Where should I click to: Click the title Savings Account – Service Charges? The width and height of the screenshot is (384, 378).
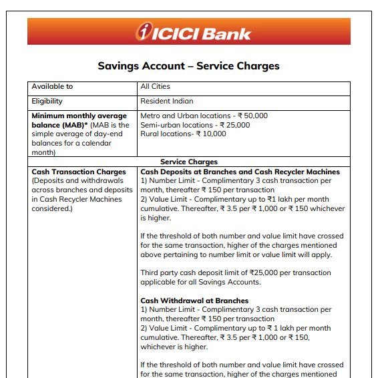click(x=188, y=66)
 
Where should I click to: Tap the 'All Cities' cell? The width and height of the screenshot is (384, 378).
click(x=155, y=87)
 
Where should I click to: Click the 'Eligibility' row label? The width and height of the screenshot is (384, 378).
click(x=47, y=102)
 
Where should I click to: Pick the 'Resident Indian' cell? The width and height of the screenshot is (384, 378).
click(x=166, y=102)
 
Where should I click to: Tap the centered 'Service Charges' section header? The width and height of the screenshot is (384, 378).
click(x=188, y=162)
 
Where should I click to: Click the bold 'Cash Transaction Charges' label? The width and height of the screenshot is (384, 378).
click(x=79, y=172)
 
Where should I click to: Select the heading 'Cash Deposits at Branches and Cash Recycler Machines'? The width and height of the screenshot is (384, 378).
click(x=240, y=172)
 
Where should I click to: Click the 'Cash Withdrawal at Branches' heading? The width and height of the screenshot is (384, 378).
click(x=194, y=301)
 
